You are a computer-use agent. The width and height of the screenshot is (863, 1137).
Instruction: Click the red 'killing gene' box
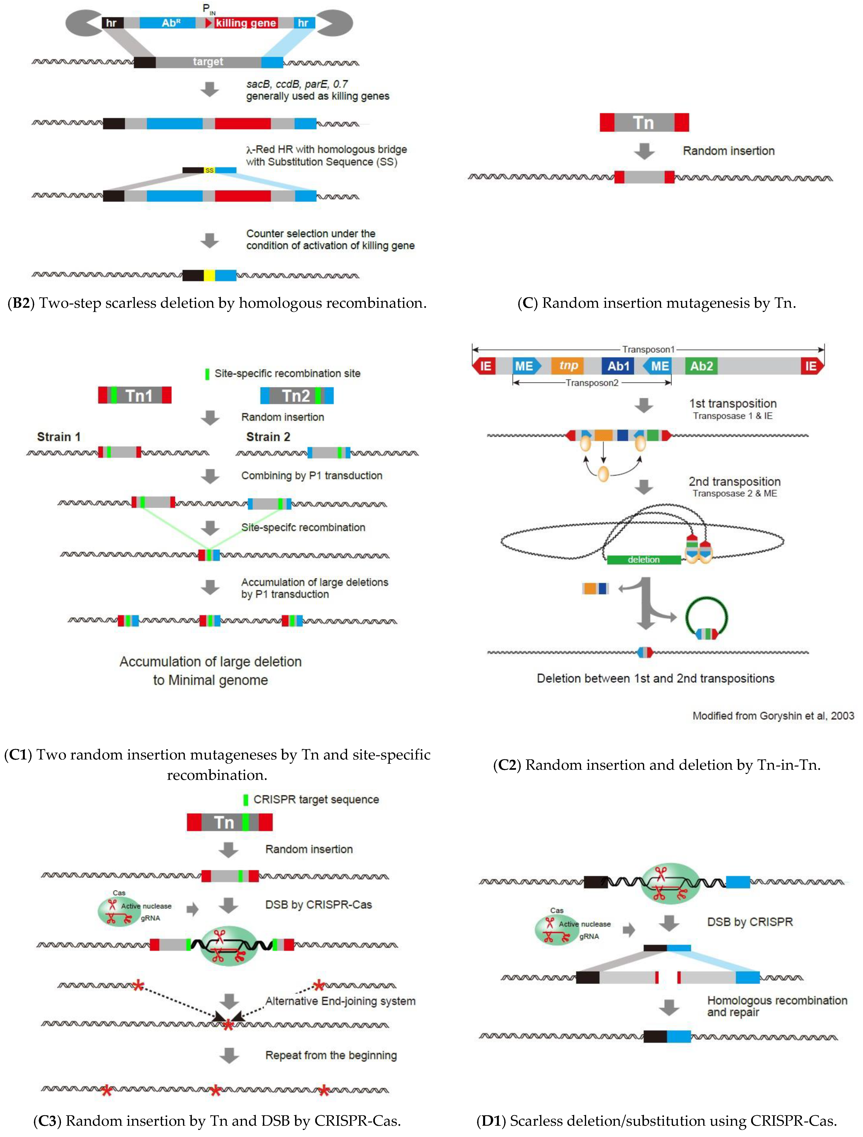pos(245,23)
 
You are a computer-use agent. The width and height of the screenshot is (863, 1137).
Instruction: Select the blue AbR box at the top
pos(168,23)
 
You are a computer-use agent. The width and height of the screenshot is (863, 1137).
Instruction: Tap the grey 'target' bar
pos(208,62)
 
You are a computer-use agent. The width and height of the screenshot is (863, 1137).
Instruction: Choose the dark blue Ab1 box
pos(618,366)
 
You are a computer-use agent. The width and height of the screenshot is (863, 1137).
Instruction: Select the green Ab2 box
pos(701,366)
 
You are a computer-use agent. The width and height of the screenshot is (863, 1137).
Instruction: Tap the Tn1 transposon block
pos(134,395)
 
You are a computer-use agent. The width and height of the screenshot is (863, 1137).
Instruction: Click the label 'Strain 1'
pos(59,437)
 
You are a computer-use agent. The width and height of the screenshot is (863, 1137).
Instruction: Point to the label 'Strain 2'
pos(268,437)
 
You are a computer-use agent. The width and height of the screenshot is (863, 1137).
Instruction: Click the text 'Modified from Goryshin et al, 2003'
pos(773,716)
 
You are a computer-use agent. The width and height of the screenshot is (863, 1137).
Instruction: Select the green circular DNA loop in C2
pos(706,617)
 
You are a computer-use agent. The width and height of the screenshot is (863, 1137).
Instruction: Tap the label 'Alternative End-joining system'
pos(340,1001)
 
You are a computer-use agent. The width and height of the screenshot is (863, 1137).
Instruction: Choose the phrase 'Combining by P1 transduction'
pos(312,476)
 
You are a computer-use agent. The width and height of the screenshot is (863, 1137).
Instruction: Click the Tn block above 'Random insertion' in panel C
pos(644,123)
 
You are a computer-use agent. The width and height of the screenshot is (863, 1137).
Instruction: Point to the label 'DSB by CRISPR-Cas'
pos(318,905)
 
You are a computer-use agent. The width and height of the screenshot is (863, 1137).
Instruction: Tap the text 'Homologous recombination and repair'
pos(777,1006)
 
